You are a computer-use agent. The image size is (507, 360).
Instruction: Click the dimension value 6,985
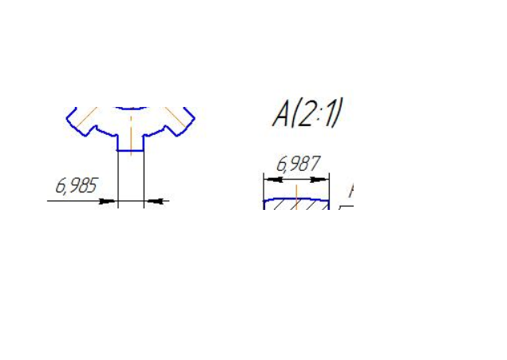(77, 185)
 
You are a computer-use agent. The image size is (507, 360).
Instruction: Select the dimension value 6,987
(299, 164)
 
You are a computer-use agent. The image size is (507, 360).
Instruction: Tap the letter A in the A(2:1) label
(281, 116)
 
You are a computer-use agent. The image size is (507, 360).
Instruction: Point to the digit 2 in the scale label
(306, 116)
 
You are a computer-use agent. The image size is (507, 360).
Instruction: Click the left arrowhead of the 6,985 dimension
(107, 201)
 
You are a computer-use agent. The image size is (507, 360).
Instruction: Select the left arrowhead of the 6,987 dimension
(273, 180)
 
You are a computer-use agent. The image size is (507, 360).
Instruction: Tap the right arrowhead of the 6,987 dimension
(320, 180)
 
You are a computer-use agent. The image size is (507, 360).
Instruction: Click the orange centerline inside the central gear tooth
(131, 136)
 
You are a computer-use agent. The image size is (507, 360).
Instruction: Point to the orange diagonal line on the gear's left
(87, 117)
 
